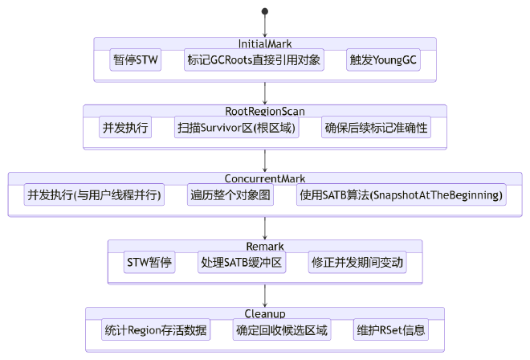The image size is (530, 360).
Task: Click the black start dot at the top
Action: point(264,11)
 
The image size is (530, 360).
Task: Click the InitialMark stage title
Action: point(264,43)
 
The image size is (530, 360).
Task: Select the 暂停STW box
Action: point(136,60)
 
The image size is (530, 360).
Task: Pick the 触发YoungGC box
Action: point(381,60)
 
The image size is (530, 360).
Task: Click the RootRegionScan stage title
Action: point(264,111)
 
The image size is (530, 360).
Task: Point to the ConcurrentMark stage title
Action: point(264,178)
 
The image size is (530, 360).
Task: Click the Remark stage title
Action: point(264,246)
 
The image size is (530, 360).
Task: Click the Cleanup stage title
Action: point(264,313)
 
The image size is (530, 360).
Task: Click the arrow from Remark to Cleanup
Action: point(264,297)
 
